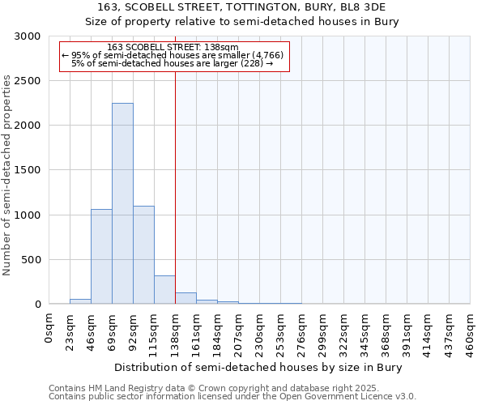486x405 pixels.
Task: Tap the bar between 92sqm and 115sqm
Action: coord(143,255)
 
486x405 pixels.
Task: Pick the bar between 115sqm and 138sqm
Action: coord(164,290)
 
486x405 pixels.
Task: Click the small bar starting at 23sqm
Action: coord(80,301)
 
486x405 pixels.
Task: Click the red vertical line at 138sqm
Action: coord(175,186)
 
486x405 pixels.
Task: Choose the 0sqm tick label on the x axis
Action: coord(49,328)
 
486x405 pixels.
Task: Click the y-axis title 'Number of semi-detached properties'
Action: coord(7,175)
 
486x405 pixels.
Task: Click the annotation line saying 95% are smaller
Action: coord(172,54)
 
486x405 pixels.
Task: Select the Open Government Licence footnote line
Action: coord(232,397)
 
